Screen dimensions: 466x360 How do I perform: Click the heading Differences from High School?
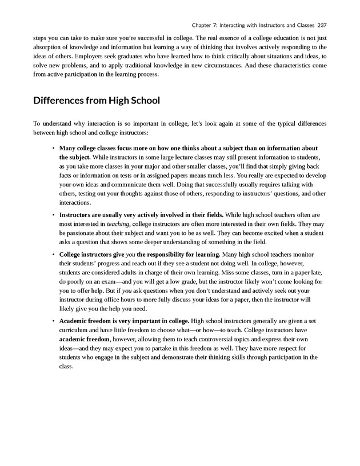point(96,101)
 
